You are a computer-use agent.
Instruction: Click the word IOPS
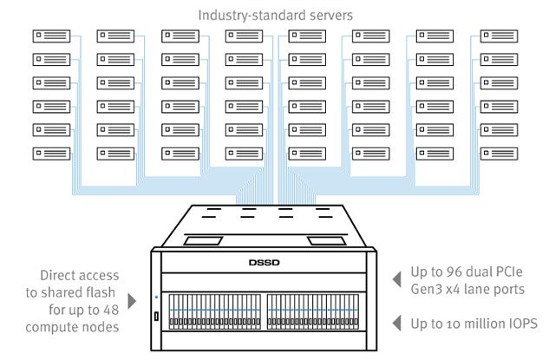pos(519,324)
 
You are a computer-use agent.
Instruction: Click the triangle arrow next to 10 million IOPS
pos(397,324)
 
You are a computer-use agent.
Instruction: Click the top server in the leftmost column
pos(51,36)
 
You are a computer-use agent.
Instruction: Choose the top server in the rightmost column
pos(498,36)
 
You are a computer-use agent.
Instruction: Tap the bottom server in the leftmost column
pos(51,154)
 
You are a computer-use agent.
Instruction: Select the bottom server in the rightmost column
pos(498,154)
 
